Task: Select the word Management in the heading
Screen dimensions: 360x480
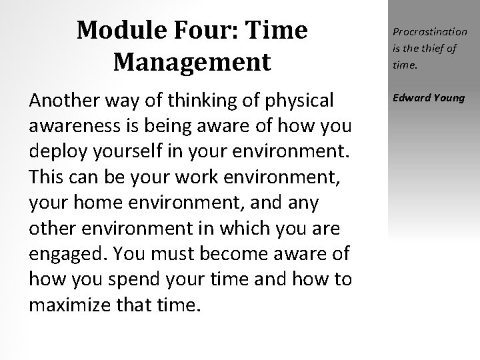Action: click(x=192, y=62)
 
